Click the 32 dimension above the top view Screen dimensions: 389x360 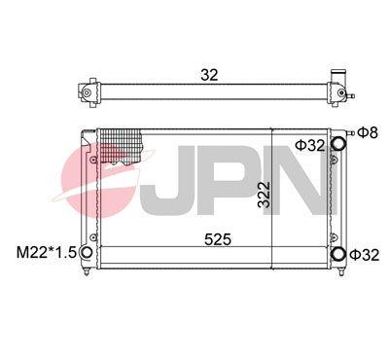tap(209, 75)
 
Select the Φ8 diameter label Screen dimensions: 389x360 tap(368, 132)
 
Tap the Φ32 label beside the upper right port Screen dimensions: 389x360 tap(310, 145)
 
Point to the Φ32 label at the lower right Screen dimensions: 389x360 tap(365, 255)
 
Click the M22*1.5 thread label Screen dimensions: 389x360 tap(46, 252)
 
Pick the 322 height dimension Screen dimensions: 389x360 tap(265, 195)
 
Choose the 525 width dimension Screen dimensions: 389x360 tap(218, 239)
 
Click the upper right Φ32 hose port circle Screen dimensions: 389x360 tap(338, 143)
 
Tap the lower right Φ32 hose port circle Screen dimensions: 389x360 tap(338, 253)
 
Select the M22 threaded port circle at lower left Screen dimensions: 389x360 tap(87, 252)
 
